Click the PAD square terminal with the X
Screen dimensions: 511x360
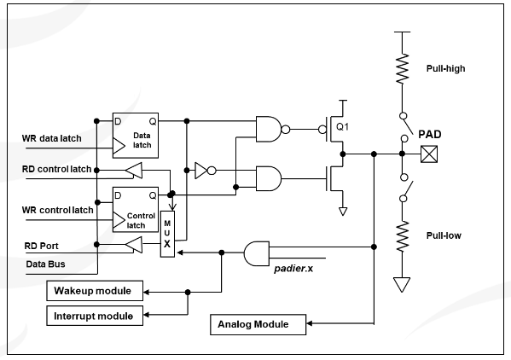tap(429, 154)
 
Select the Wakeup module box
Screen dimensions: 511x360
tap(95, 291)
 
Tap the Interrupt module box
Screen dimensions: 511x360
tap(95, 316)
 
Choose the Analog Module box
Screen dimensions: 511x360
tap(258, 324)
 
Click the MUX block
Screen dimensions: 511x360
tap(167, 234)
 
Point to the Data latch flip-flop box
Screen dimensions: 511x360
tap(136, 136)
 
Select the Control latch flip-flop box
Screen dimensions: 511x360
tap(136, 210)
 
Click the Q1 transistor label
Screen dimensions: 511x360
tap(342, 126)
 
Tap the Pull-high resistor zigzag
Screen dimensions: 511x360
tap(403, 69)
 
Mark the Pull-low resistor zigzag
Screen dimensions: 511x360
tap(403, 236)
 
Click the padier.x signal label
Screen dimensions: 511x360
tap(293, 269)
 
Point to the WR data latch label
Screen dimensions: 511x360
tap(51, 138)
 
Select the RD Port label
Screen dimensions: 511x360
tap(42, 246)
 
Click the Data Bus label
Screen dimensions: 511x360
tap(45, 264)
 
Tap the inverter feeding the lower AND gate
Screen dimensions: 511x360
tap(205, 171)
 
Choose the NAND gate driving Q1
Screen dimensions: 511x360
tap(272, 130)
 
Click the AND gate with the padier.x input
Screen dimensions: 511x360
tap(257, 253)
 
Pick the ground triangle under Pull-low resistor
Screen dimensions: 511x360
tap(402, 284)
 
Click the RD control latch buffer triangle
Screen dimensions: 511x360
tap(134, 171)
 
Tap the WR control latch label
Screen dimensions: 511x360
tap(58, 210)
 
